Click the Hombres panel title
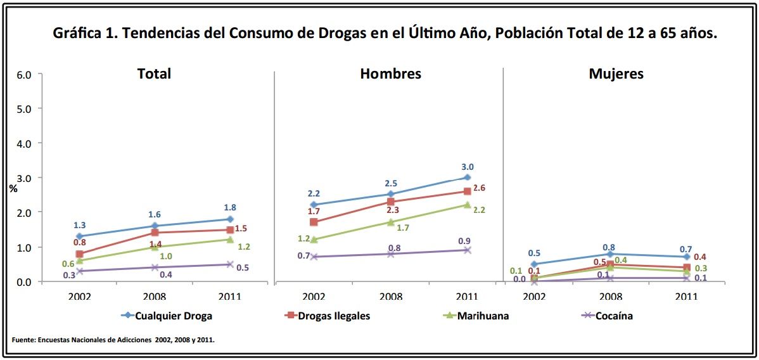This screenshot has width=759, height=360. click(390, 74)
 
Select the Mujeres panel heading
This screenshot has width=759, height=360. click(616, 74)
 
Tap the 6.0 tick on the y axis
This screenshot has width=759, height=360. click(24, 75)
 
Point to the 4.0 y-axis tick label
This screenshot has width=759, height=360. click(24, 143)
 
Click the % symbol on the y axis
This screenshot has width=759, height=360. click(13, 188)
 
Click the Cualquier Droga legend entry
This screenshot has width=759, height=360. click(173, 316)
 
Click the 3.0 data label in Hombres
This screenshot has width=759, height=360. click(467, 167)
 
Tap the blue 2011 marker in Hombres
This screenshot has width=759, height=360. click(467, 177)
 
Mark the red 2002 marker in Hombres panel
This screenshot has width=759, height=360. click(314, 222)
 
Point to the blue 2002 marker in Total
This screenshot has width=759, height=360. click(79, 236)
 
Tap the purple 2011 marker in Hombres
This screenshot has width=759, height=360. click(467, 250)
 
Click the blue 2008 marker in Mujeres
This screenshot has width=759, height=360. click(610, 254)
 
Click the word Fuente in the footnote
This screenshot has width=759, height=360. click(22, 340)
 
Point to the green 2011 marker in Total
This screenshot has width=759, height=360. click(231, 240)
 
